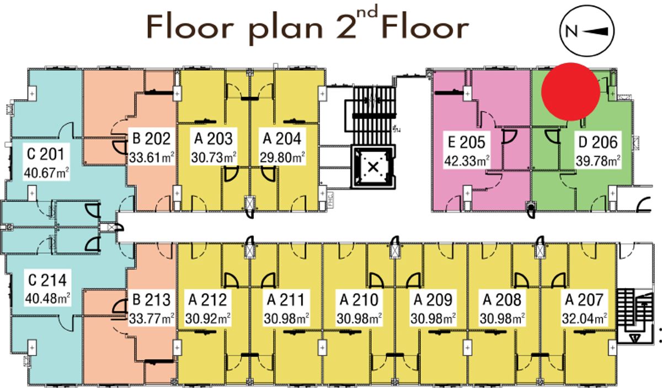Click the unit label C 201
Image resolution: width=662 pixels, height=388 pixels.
tap(46, 154)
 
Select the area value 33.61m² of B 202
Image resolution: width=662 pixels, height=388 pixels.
tap(152, 158)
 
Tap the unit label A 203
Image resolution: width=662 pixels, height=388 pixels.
tap(213, 139)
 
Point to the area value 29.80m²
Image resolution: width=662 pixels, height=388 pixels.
tap(282, 158)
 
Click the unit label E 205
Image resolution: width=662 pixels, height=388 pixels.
tap(467, 142)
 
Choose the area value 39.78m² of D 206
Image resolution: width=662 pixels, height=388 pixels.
tap(598, 161)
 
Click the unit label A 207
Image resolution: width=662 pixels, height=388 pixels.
tap(584, 300)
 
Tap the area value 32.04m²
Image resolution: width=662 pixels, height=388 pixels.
tap(585, 319)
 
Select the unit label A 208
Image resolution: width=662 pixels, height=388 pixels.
tap(502, 300)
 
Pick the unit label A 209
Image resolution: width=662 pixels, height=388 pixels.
tap(433, 300)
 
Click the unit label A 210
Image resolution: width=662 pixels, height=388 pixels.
tap(359, 300)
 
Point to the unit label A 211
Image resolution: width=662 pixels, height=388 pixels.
tap(286, 300)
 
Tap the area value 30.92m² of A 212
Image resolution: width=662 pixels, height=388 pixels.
tap(208, 319)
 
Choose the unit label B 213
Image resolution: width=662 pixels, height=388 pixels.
tap(152, 300)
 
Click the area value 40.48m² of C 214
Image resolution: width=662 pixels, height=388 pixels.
tap(47, 299)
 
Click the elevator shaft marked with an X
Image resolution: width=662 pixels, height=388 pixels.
tap(373, 168)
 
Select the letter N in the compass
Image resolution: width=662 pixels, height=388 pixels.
tap(572, 31)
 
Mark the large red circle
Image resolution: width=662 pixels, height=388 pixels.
tap(570, 92)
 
